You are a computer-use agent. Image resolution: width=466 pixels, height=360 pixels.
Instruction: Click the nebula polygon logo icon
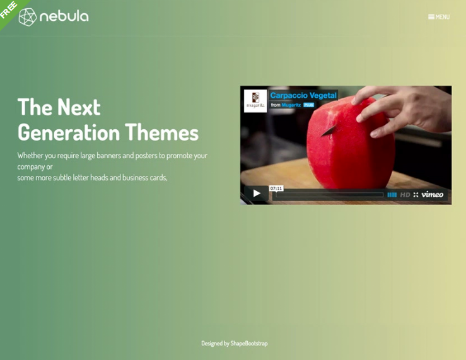point(27,17)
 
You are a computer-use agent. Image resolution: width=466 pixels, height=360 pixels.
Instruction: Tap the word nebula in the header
point(64,17)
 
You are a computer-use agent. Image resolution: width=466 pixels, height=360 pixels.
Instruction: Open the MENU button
point(439,17)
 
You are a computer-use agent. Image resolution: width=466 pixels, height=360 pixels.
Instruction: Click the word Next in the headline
point(79,107)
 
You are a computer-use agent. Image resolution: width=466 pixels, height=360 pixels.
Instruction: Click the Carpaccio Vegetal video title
point(303,96)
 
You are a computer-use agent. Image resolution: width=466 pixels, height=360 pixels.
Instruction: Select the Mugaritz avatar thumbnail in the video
point(255,101)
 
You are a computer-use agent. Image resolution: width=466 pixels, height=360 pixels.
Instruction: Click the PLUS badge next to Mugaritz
point(309,105)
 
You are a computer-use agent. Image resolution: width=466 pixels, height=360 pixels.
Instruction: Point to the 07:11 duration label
point(276,189)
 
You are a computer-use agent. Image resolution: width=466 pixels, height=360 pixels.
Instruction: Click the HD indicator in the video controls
point(405,195)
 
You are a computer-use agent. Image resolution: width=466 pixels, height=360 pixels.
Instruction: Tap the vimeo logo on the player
point(433,195)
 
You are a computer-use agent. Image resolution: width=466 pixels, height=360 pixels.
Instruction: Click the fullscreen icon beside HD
point(416,195)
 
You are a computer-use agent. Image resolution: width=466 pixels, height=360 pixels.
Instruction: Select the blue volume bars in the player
point(392,195)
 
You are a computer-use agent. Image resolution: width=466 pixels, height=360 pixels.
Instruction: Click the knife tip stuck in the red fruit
point(323,134)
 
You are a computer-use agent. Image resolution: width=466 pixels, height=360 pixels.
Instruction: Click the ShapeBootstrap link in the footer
point(249,344)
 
